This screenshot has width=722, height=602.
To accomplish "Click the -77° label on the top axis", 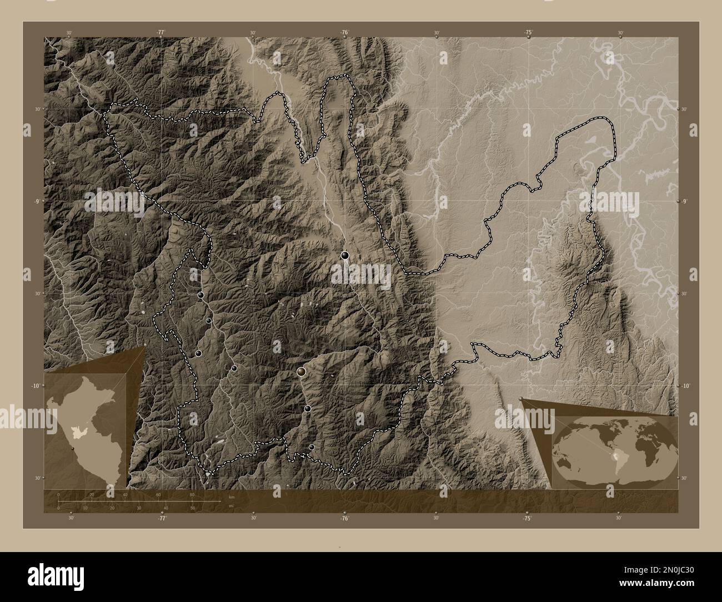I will click(x=161, y=33).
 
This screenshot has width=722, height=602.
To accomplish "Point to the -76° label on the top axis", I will click(x=344, y=33).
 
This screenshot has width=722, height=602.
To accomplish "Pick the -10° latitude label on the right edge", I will click(x=685, y=385).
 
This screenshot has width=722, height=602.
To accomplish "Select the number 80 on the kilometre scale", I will click(x=192, y=495).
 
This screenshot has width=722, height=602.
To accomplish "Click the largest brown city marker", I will click(x=302, y=371).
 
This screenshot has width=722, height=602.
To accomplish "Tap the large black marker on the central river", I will click(x=345, y=255).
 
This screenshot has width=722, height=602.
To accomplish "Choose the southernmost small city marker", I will click(x=312, y=447).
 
